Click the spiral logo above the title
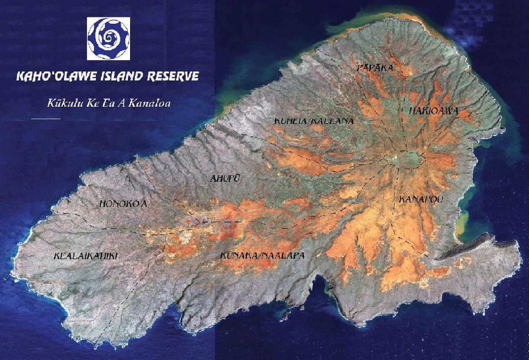pos(108,38)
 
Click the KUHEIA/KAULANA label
pos(314,121)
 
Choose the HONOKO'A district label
pos(123,204)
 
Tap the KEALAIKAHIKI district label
pos(86,256)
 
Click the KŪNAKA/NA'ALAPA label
pos(262,255)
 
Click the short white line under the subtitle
pos(46,118)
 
